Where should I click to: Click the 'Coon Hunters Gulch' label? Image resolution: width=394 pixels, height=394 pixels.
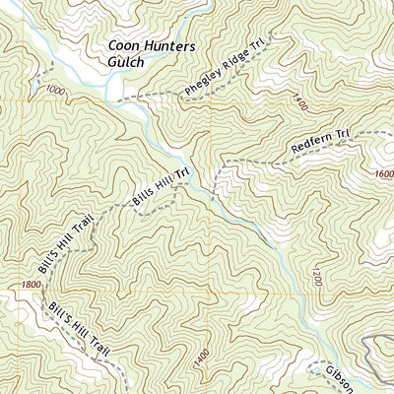click(149, 54)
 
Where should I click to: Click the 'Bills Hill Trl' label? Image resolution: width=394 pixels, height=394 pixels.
click(160, 189)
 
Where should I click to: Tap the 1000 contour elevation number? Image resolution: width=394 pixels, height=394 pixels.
click(53, 91)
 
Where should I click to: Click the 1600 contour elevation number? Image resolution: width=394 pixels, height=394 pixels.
click(383, 173)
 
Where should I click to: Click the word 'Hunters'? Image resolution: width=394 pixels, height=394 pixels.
click(162, 46)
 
